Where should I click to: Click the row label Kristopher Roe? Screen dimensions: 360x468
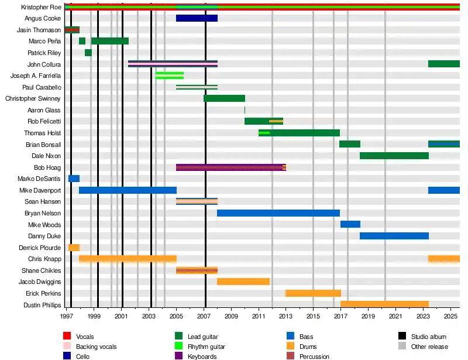click(40, 7)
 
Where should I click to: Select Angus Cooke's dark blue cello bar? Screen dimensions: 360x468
click(197, 18)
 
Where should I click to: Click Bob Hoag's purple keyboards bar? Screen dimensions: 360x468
click(230, 167)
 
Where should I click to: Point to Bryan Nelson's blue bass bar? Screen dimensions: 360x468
click(278, 213)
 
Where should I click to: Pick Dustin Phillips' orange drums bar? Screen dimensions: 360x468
click(384, 304)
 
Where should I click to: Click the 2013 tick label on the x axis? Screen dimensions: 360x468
click(285, 317)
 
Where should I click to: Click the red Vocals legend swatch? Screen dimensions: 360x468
click(67, 337)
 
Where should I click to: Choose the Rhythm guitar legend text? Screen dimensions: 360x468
click(206, 347)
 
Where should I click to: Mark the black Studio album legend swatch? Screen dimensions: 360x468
click(402, 337)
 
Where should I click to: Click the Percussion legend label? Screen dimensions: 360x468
click(314, 356)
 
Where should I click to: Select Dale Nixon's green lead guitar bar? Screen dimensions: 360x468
click(394, 156)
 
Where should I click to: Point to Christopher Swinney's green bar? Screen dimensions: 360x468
click(224, 98)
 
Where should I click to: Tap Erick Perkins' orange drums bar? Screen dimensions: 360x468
click(313, 293)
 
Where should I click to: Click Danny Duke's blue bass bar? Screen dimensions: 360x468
click(394, 236)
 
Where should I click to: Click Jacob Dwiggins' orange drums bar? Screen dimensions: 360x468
click(243, 282)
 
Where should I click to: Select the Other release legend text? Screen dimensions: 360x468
click(430, 347)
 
